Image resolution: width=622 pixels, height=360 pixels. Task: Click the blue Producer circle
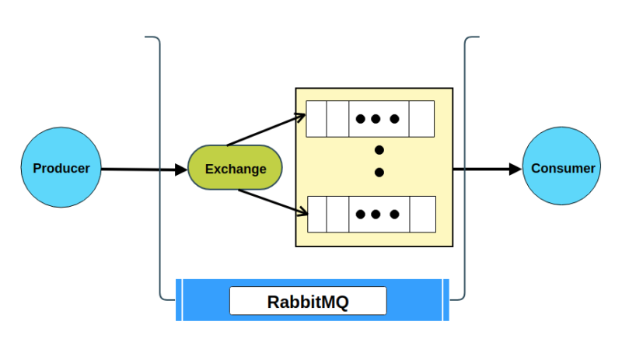click(x=61, y=168)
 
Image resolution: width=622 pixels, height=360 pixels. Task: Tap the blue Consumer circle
click(x=561, y=168)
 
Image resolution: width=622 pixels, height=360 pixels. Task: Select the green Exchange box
click(x=235, y=168)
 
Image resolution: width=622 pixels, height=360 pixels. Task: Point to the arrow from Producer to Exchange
click(x=144, y=169)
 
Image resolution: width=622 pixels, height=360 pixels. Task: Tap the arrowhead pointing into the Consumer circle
click(x=515, y=168)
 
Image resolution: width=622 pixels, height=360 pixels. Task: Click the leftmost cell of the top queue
click(x=317, y=119)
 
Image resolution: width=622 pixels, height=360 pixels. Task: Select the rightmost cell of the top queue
click(x=421, y=119)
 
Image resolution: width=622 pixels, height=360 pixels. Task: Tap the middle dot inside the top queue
click(x=377, y=119)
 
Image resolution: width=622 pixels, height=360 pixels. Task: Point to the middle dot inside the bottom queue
click(x=377, y=214)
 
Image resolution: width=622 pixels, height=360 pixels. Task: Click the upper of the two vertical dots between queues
click(x=379, y=149)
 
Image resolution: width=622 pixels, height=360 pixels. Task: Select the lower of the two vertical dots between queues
click(x=379, y=172)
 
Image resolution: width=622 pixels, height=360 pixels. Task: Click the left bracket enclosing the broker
click(x=159, y=168)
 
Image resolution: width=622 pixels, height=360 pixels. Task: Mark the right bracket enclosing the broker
click(x=465, y=168)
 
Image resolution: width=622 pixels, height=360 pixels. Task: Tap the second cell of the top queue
click(x=337, y=119)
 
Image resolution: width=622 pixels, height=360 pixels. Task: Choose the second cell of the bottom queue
click(x=338, y=214)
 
